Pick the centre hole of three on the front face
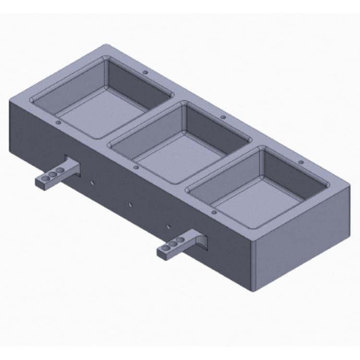tap(130, 204)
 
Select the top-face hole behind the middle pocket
tap(223, 117)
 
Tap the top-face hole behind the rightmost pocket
tap(301, 162)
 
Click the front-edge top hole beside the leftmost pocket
tap(58, 122)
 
